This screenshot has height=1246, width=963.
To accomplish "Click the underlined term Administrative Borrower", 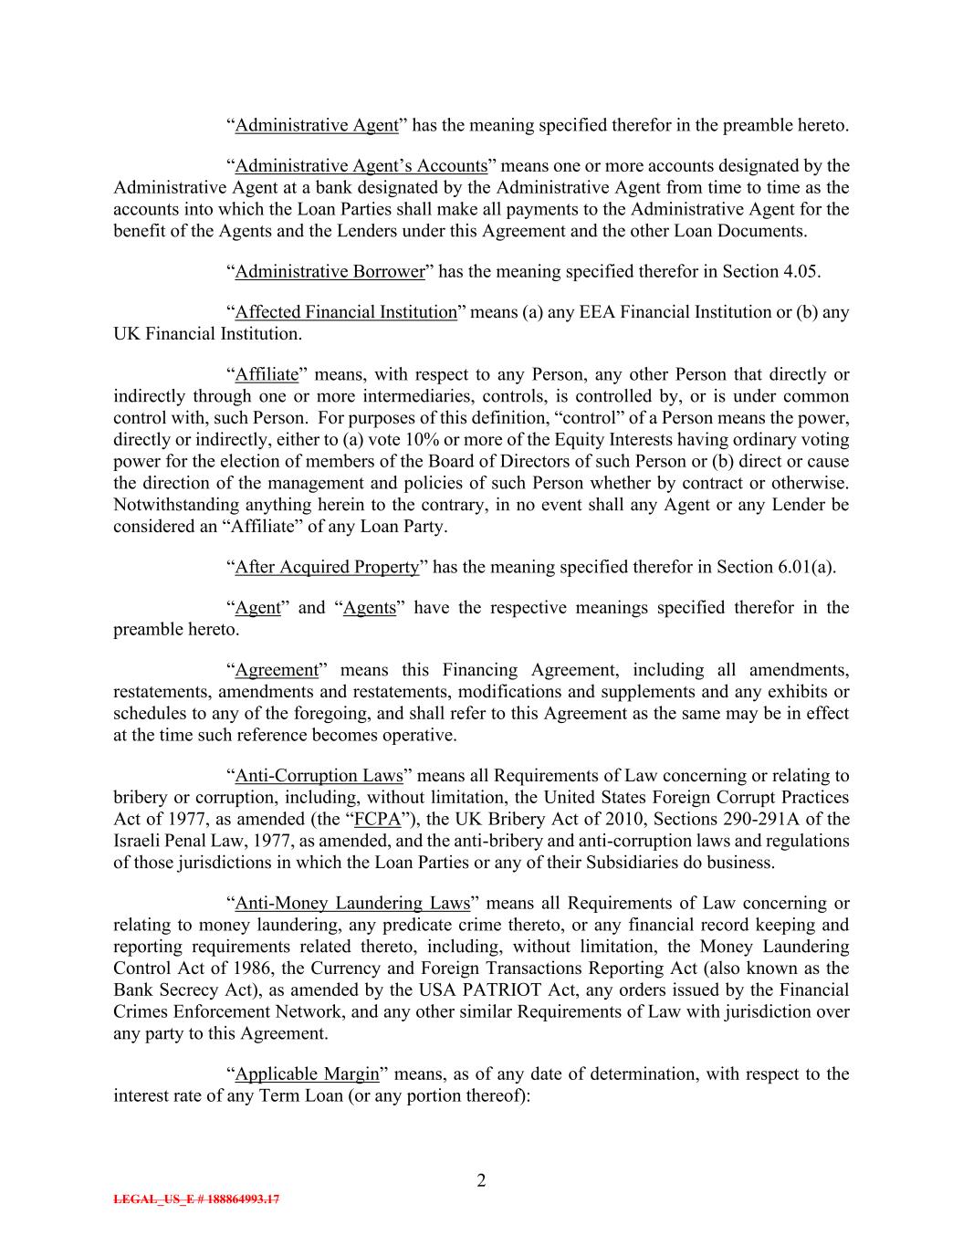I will pos(330,271).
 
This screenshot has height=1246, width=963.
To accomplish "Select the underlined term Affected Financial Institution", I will pos(346,312).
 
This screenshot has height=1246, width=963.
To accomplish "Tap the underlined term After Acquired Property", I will pos(327,567).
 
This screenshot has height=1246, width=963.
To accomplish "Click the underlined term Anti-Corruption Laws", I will pos(319,776).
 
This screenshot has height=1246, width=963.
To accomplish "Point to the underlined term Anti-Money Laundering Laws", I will pos(352,904).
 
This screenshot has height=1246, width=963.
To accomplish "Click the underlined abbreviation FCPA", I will pos(377,820).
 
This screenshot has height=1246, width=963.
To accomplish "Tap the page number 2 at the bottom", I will pos(481,1181).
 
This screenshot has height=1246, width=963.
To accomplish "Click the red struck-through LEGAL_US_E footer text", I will pos(196,1199).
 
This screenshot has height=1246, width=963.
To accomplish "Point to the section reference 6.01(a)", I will pos(806,567).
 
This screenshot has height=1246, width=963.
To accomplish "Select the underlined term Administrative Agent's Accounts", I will pos(361,166).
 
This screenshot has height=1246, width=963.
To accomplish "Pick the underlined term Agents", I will pos(370,608).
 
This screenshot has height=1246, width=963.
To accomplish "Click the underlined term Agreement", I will pos(277,670).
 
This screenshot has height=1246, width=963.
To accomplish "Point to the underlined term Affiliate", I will pos(267,374).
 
